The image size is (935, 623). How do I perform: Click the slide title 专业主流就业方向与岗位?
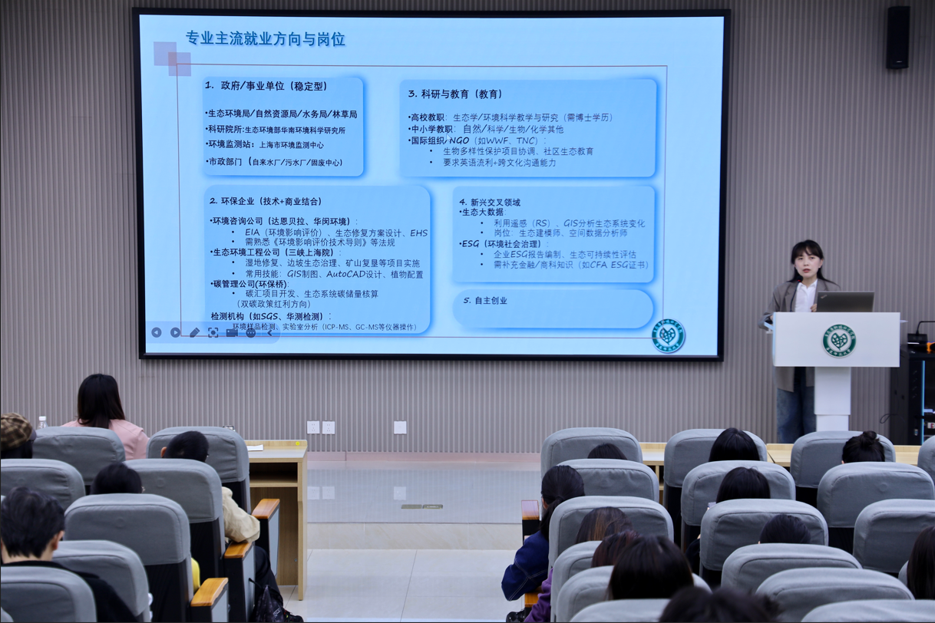point(265,39)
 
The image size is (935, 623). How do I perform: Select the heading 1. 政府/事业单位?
point(266,85)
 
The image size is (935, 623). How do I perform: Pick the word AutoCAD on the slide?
point(345,274)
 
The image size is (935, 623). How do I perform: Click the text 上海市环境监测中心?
point(291,144)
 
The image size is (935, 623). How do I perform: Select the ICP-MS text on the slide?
point(337,327)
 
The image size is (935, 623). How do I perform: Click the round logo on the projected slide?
point(667,336)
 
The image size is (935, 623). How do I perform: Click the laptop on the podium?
point(844,302)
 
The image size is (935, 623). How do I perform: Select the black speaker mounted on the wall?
point(897,38)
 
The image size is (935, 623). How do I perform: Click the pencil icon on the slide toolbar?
point(194,332)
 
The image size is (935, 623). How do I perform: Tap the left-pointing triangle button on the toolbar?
point(157,332)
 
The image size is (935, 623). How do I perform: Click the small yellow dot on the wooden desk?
point(298,443)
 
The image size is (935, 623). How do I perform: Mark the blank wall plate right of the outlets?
point(400,427)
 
